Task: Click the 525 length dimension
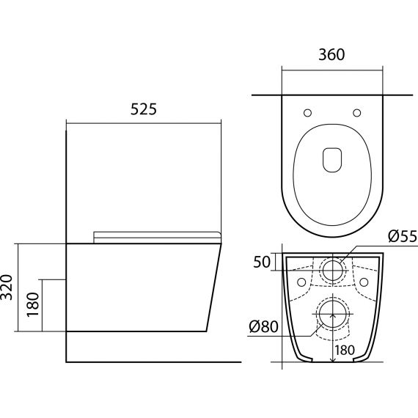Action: coord(144,109)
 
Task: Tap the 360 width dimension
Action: coord(331,54)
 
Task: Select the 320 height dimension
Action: coord(7,287)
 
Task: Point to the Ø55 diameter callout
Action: coord(403,236)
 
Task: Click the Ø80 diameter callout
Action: coord(263,326)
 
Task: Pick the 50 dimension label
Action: coord(262,262)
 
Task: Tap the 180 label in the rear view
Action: coord(345,350)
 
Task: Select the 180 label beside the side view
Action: coord(33,304)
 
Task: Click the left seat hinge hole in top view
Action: coord(308,113)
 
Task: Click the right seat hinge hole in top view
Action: coord(357,113)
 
